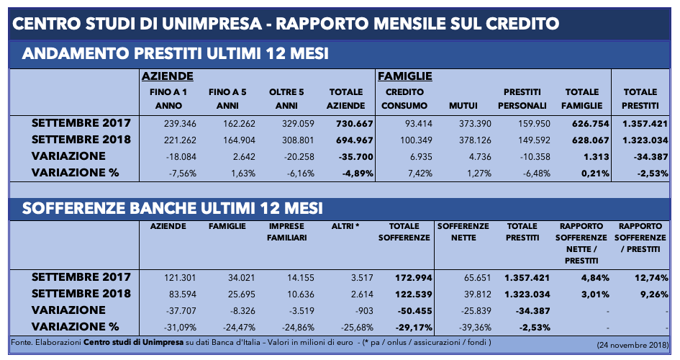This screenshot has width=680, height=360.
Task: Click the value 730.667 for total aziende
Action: tap(354, 124)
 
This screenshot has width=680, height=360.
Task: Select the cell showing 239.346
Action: tap(180, 124)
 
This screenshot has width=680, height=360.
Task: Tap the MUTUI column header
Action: tap(463, 105)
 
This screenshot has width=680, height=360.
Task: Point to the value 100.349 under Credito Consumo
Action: tap(416, 140)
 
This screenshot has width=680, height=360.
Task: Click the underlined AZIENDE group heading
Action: tap(168, 76)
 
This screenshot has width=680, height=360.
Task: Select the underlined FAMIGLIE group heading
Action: tap(405, 76)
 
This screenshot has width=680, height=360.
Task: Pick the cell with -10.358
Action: tap(535, 156)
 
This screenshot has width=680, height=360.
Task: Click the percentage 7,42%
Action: tap(420, 173)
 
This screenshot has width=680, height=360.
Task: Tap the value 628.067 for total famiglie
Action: tap(590, 140)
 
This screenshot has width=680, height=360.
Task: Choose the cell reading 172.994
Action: tap(413, 278)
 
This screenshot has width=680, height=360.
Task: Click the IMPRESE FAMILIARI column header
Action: tap(286, 232)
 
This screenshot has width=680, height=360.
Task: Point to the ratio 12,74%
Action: tap(651, 278)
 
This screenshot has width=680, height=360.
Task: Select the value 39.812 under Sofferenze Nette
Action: tap(478, 294)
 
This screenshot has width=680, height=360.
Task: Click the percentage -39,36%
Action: tap(476, 327)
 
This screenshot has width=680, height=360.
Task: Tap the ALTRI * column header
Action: tap(345, 226)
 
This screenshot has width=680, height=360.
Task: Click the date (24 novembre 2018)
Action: tap(633, 346)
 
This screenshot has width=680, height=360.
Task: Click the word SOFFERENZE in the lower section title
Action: tap(73, 208)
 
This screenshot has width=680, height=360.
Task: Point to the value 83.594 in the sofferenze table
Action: tap(183, 294)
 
